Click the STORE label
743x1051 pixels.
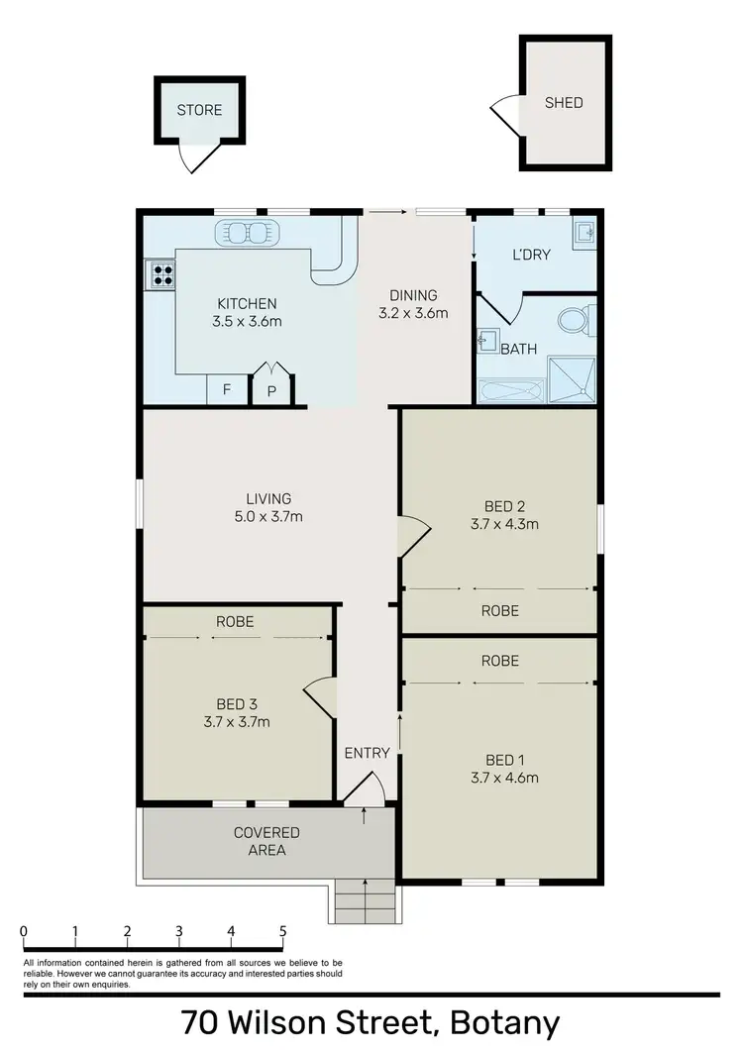coord(199,110)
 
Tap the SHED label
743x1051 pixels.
coord(564,102)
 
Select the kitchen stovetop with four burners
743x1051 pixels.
coord(159,273)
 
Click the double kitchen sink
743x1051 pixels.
coord(247,233)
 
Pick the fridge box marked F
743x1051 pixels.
coord(227,390)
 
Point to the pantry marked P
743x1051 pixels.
coord(271,390)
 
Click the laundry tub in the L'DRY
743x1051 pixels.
coord(584,233)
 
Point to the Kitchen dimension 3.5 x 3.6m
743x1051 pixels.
coord(248,321)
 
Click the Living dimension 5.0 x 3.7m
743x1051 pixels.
coord(268,516)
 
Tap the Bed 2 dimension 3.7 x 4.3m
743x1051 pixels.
coord(504,525)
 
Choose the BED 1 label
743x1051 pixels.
coord(504,760)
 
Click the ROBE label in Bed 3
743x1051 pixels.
coord(235,622)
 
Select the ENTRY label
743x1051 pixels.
coord(367,753)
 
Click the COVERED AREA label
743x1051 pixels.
coord(266,841)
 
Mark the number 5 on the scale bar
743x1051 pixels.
coord(283,931)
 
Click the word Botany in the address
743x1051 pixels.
coord(505,1022)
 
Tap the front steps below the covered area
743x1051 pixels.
coord(366,900)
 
